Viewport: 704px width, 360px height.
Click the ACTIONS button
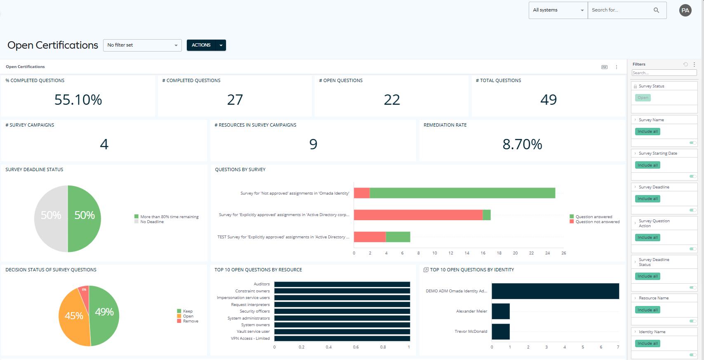[x=201, y=45]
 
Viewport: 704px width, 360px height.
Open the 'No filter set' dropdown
[x=142, y=45]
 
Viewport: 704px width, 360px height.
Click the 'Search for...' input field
[x=621, y=10]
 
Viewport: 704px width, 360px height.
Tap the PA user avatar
[x=685, y=10]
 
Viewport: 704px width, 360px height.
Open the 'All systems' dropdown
[x=558, y=10]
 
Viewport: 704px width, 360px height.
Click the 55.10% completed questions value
[x=78, y=100]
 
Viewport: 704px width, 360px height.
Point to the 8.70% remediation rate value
[x=522, y=144]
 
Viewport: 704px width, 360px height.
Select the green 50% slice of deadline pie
[x=85, y=219]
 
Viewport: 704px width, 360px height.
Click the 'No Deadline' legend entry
[x=152, y=222]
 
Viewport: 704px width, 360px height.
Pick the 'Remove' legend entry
[x=190, y=321]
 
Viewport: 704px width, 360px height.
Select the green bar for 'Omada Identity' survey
[x=462, y=193]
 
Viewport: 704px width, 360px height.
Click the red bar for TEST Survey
[x=370, y=237]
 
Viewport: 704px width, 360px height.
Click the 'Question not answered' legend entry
[x=597, y=222]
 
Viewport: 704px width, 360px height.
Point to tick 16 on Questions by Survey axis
[x=483, y=253]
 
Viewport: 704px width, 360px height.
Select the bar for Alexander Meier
[x=501, y=311]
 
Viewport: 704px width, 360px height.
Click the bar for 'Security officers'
[x=342, y=311]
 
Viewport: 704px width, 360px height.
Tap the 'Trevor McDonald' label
[x=471, y=332]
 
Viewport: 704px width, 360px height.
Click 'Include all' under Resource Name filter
[x=647, y=310]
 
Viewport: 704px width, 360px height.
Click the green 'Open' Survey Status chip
[x=643, y=98]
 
